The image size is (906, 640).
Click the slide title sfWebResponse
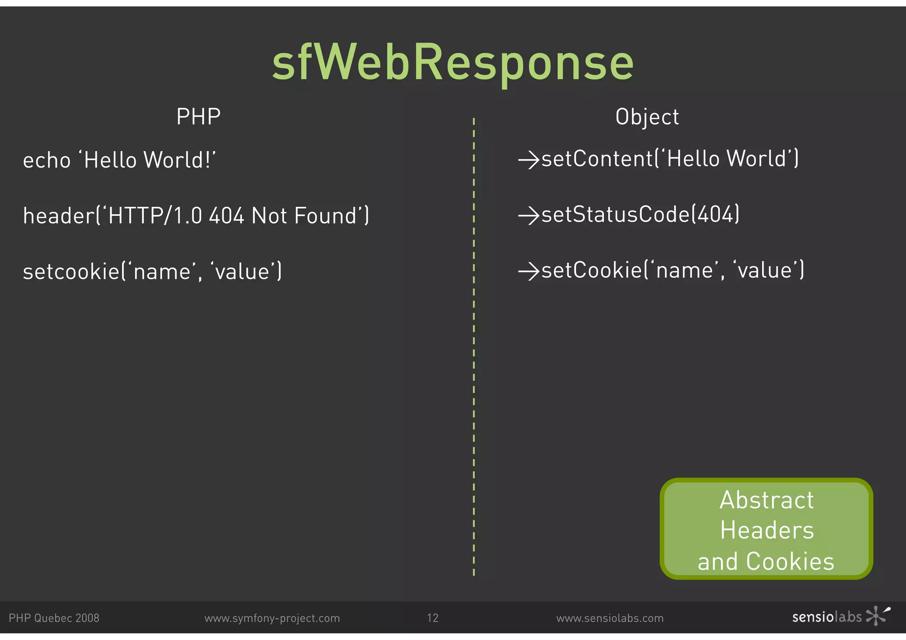click(x=453, y=63)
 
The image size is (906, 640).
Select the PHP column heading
click(x=198, y=117)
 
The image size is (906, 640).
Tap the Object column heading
click(x=647, y=117)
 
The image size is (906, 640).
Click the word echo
click(x=46, y=160)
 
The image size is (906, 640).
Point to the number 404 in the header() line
click(x=226, y=216)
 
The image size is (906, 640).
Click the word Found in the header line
click(x=326, y=216)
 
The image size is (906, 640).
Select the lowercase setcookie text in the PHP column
click(x=71, y=271)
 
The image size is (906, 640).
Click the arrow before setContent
click(x=529, y=160)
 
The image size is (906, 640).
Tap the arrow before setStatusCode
click(x=529, y=215)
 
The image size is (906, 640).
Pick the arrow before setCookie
click(x=529, y=271)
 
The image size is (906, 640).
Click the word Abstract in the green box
click(x=767, y=500)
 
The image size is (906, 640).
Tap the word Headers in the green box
click(x=767, y=530)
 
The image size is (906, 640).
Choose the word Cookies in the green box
click(x=790, y=562)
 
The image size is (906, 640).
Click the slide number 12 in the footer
click(x=433, y=618)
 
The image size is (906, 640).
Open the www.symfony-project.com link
click(x=272, y=618)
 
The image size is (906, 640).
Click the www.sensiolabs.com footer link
click(x=610, y=618)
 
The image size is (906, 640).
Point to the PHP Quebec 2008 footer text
click(x=54, y=618)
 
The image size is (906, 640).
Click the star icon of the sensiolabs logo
click(x=877, y=616)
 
